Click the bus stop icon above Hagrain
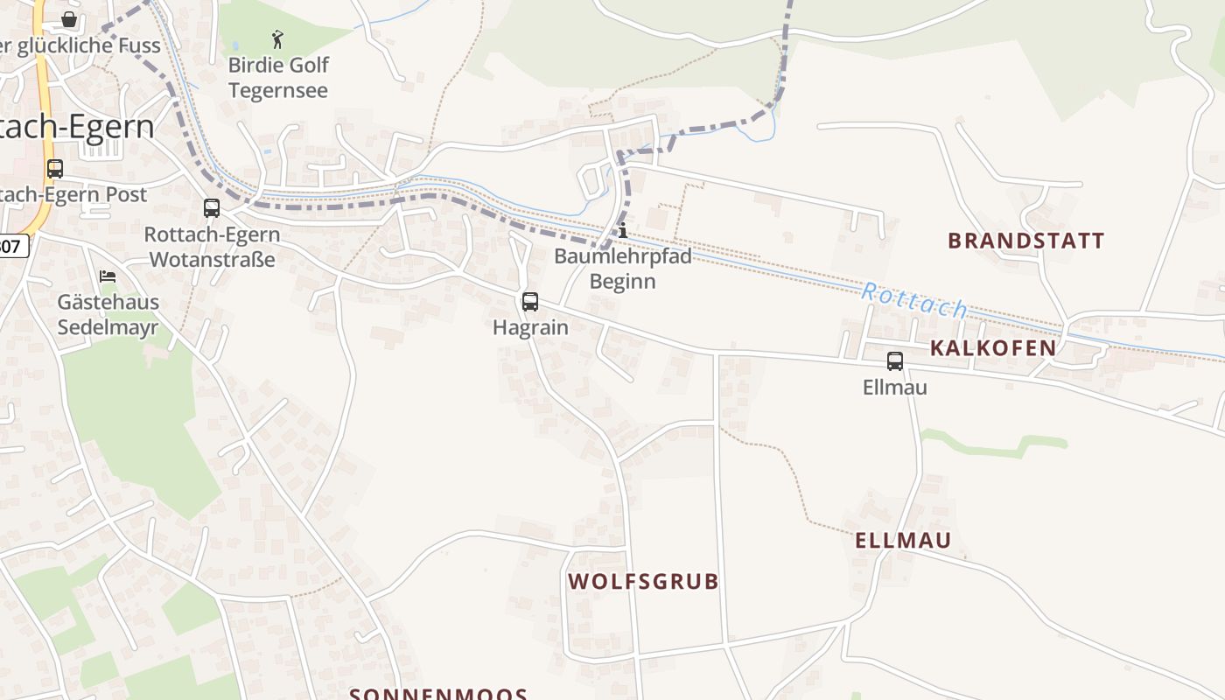530,302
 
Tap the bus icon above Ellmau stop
895,360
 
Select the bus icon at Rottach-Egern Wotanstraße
212,208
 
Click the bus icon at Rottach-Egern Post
55,169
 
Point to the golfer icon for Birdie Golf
278,39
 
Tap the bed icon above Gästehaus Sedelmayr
108,276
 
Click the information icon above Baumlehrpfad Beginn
623,231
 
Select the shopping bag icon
69,18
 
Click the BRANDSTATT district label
1026,241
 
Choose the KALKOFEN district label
992,348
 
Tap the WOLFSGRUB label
643,581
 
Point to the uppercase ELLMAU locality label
903,540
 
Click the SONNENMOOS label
438,694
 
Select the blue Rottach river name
914,300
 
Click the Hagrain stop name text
530,328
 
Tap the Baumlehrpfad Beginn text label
622,269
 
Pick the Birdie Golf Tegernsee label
278,78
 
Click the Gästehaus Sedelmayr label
108,315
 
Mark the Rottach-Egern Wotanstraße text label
213,247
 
